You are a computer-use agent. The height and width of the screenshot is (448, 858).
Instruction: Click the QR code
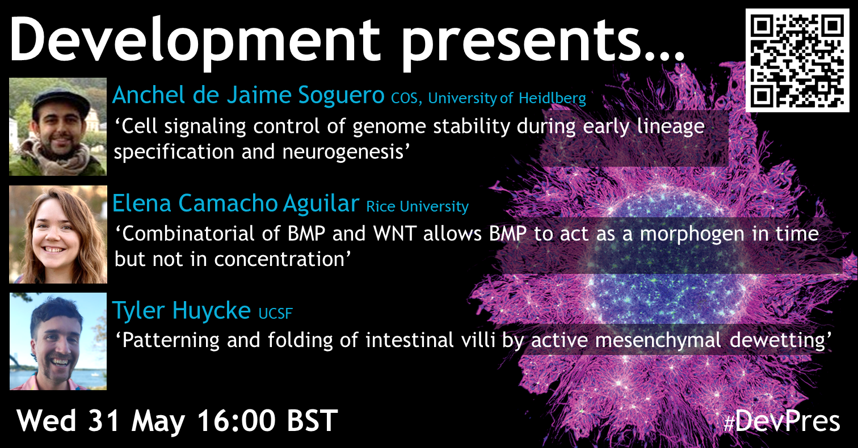(797, 61)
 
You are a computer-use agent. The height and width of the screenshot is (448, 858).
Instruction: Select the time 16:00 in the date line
(236, 421)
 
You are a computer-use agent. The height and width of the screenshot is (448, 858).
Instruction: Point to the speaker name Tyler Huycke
(182, 311)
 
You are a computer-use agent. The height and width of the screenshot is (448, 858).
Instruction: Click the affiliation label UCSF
(275, 314)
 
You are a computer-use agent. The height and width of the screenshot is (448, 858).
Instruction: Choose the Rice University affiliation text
(417, 207)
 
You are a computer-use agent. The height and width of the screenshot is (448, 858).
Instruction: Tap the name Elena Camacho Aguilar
(235, 203)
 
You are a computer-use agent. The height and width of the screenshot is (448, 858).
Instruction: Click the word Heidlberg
(552, 99)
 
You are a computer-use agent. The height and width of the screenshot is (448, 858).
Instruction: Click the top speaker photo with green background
(58, 126)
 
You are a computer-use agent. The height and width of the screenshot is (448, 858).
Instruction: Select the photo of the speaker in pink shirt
(58, 341)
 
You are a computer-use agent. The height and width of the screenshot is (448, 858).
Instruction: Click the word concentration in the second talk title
(279, 259)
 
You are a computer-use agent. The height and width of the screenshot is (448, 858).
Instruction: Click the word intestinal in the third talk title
(410, 340)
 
